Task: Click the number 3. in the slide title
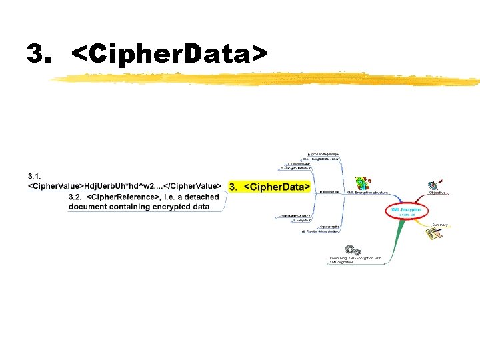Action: [x=39, y=54]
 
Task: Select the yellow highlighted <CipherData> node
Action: [x=269, y=187]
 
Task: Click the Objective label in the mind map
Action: [x=437, y=193]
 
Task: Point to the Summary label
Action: [x=439, y=225]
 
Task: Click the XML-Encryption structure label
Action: [x=367, y=193]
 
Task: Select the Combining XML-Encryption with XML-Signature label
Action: [x=355, y=260]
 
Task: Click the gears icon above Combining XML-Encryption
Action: [x=353, y=250]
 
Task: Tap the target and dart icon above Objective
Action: [x=435, y=183]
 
